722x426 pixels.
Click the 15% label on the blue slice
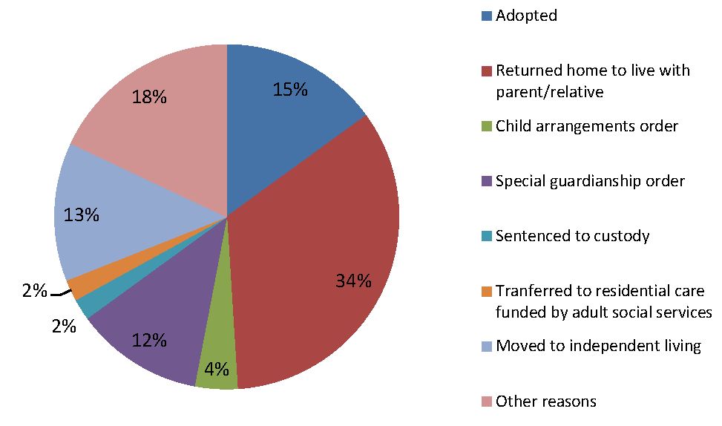[x=290, y=89]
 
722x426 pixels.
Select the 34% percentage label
[x=354, y=281]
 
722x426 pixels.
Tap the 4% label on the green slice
[x=217, y=369]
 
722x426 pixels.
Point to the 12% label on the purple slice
[x=149, y=341]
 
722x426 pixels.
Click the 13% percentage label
[x=81, y=215]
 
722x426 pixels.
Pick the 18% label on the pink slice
[x=149, y=96]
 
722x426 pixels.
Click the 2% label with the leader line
[x=35, y=291]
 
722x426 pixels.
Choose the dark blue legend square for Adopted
[x=486, y=16]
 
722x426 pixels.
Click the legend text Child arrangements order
[x=587, y=126]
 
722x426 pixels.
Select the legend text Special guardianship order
[x=590, y=181]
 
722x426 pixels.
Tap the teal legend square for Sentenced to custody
[x=486, y=236]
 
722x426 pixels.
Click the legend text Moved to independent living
[x=598, y=346]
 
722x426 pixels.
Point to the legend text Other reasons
[x=545, y=401]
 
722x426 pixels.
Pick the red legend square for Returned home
[x=486, y=71]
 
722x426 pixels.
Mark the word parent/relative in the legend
[x=549, y=92]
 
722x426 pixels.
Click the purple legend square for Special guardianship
[x=486, y=181]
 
